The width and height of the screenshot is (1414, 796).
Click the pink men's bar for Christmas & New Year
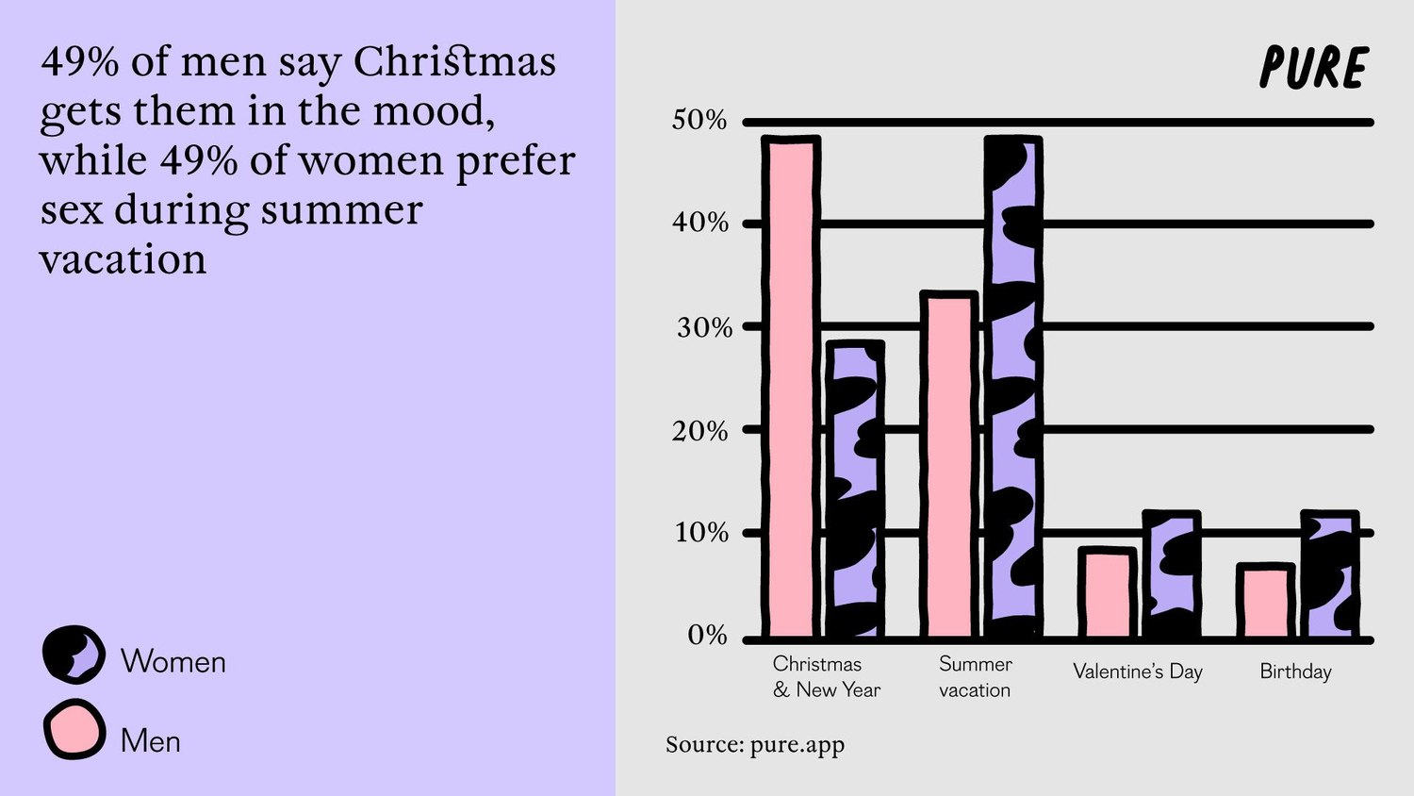coord(790,387)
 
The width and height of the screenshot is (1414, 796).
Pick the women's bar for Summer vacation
coord(1013,387)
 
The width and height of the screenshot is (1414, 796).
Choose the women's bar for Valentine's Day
coord(1172,575)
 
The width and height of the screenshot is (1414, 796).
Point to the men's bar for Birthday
coord(1265,601)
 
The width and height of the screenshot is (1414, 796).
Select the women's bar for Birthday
coord(1330,575)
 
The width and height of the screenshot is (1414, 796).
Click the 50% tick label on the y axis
coord(699,121)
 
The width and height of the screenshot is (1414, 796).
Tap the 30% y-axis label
coord(704,328)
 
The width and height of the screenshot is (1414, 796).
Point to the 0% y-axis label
coord(707,635)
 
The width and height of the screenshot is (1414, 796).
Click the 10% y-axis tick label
coord(701,533)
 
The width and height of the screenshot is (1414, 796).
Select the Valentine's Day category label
coord(1137,672)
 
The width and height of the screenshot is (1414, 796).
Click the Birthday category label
coord(1295,672)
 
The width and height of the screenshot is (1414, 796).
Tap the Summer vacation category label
coord(975,677)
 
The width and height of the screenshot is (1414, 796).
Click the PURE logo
coord(1313,68)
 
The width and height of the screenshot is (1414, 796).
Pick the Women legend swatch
coord(74,655)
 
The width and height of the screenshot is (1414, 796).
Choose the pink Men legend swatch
coord(74,729)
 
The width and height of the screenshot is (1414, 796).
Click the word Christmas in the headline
coord(454,62)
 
